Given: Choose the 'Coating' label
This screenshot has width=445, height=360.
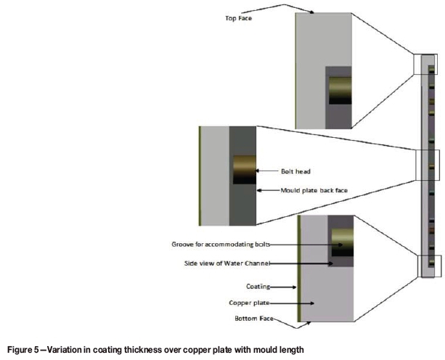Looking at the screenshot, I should point(258,287).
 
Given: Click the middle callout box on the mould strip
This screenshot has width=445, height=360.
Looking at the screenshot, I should point(428,165).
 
